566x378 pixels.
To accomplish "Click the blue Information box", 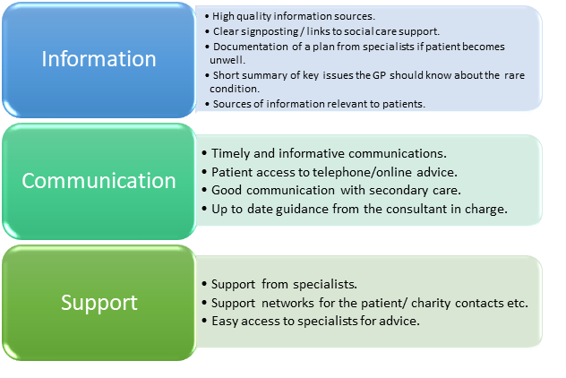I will (x=99, y=60).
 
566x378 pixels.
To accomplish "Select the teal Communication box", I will (x=99, y=180).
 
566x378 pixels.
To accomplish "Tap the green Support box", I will (x=99, y=302).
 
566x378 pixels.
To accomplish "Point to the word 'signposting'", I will (x=268, y=31).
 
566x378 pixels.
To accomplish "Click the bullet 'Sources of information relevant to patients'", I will (x=319, y=104).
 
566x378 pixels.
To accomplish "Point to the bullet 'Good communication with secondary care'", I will (x=336, y=190).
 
